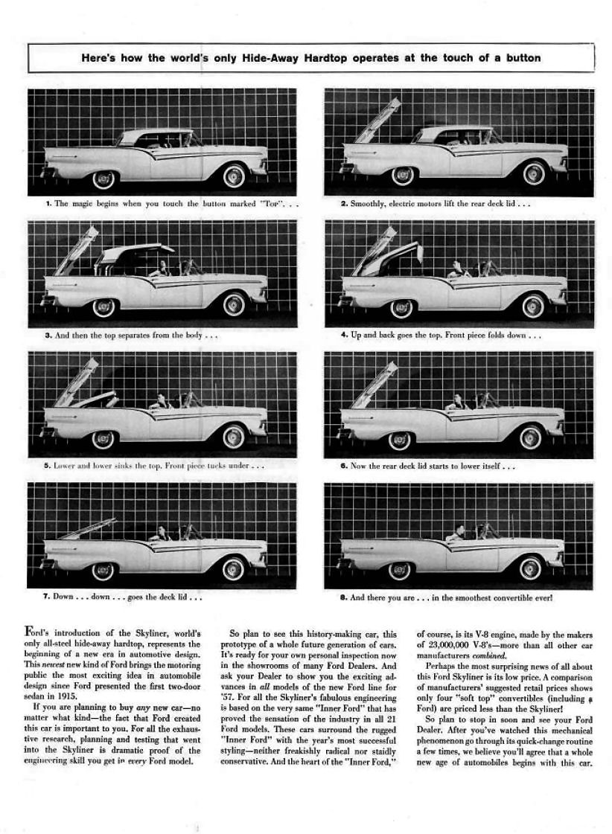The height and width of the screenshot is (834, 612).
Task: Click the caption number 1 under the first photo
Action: tap(47, 203)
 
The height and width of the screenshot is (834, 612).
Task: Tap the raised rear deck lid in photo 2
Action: tap(379, 120)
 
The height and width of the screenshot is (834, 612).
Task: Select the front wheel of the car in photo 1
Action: tap(234, 176)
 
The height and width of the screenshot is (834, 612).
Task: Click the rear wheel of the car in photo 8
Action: tap(400, 571)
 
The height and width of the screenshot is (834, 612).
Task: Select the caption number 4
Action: tap(343, 335)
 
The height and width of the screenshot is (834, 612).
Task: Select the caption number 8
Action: tap(343, 597)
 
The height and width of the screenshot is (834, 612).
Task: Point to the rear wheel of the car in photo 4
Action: tap(401, 307)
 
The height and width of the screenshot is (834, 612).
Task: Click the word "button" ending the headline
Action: tap(521, 57)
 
